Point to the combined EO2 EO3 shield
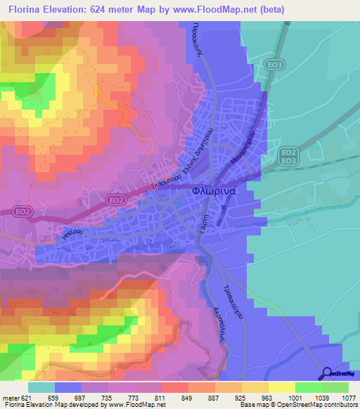click(288, 156)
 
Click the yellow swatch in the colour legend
click(281, 387)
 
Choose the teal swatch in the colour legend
click(41, 387)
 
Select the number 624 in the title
click(126, 10)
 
